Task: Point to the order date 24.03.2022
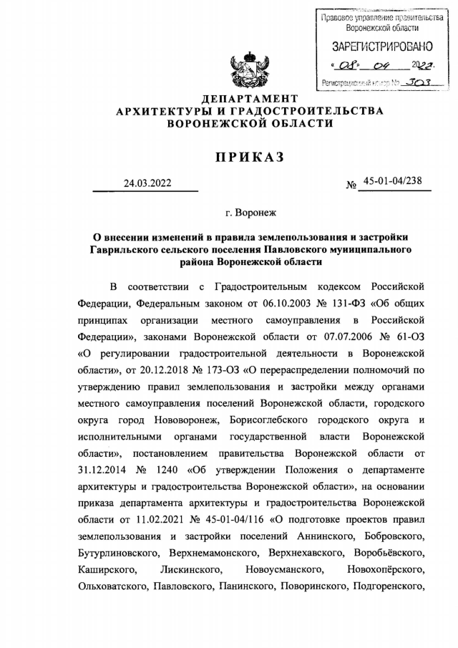pos(147,183)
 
